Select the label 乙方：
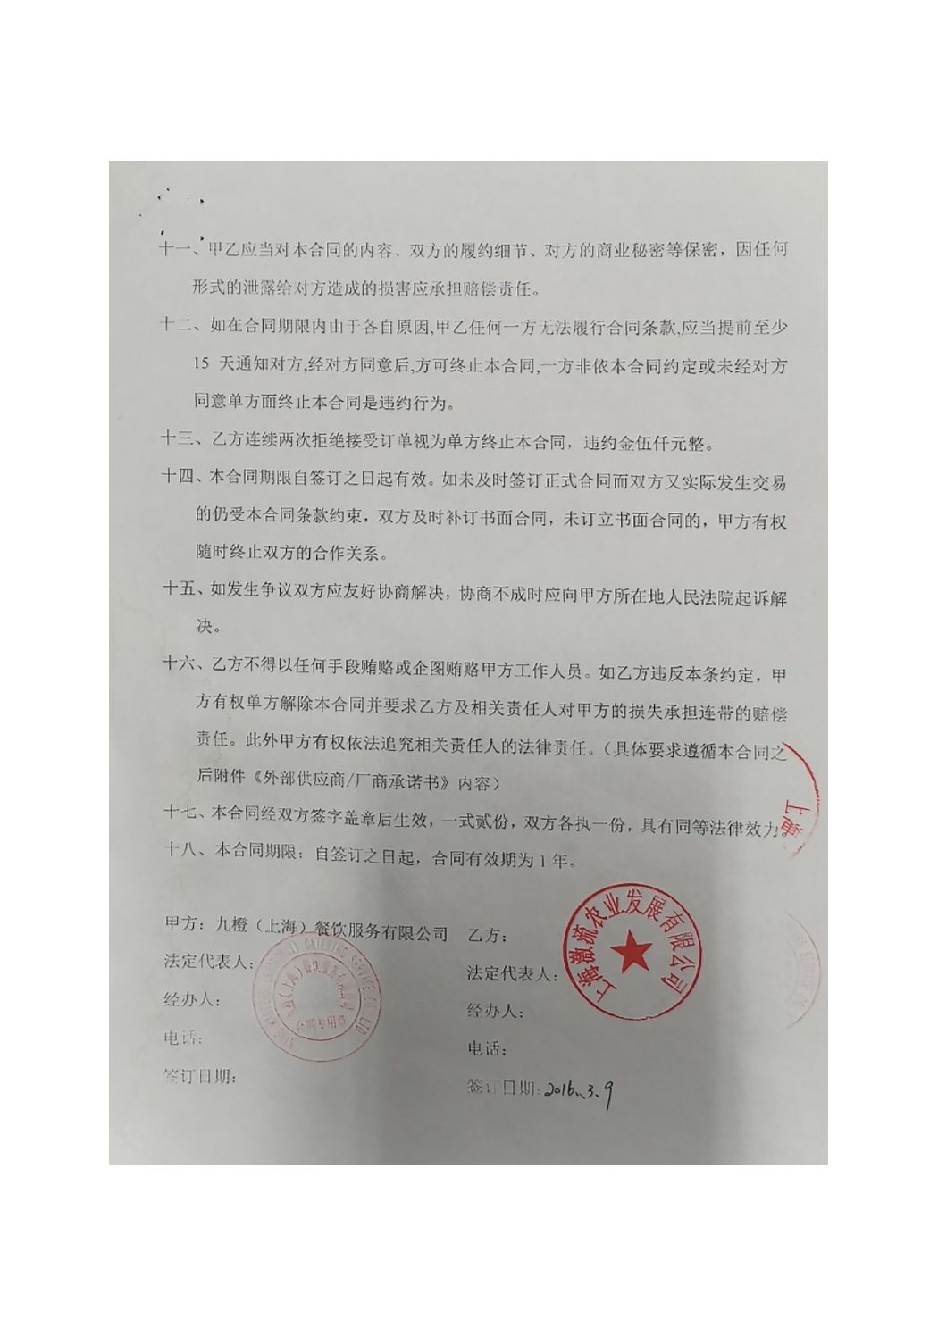[x=487, y=937]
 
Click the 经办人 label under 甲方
[x=191, y=1000]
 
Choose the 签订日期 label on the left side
[x=198, y=1077]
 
